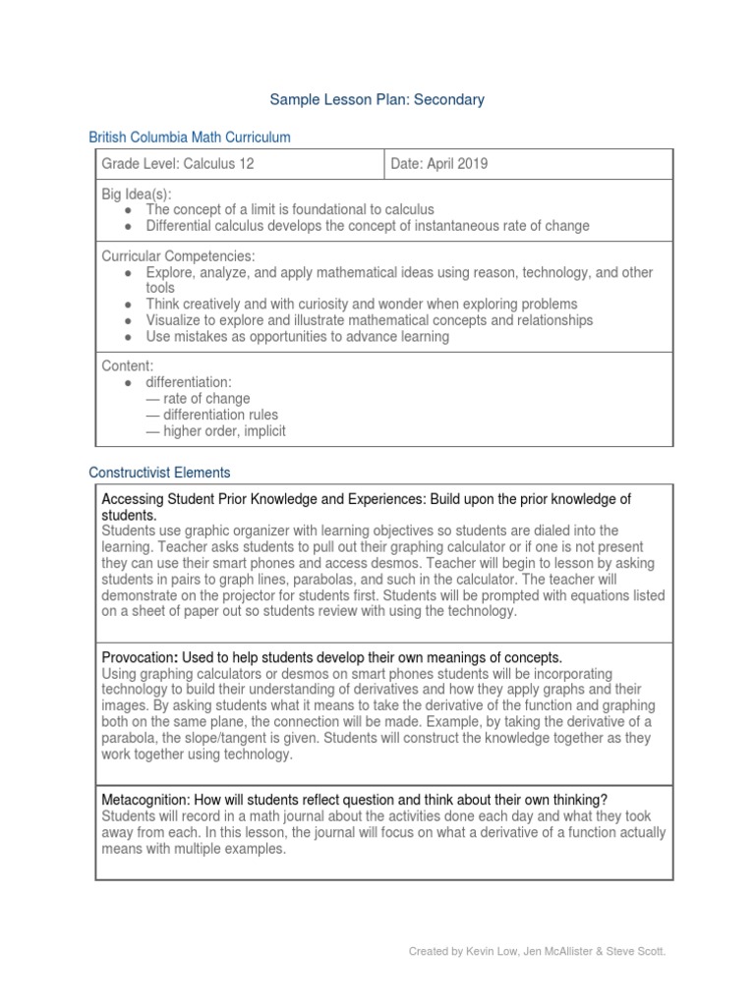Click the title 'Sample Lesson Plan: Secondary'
378,99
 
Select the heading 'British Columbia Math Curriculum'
190,138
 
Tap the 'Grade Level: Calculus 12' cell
178,164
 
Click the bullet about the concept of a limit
289,210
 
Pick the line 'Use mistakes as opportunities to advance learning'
297,336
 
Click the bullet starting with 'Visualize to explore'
369,320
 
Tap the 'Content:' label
127,365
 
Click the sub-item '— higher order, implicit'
215,430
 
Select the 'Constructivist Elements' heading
159,473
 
